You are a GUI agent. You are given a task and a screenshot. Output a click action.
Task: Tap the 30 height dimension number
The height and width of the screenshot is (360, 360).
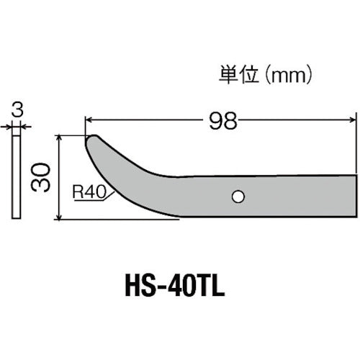(x=41, y=176)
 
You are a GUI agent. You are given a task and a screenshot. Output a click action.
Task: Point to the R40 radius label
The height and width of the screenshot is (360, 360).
(x=86, y=192)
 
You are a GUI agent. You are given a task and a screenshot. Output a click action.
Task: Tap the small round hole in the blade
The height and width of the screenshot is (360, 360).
(x=237, y=195)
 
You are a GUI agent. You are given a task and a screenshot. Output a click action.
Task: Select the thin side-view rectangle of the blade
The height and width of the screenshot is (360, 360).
(x=17, y=175)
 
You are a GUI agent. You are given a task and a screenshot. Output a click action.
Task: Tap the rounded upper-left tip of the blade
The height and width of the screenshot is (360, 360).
(x=92, y=140)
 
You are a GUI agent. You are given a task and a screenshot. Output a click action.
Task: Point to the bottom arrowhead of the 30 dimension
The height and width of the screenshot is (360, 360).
(x=58, y=215)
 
